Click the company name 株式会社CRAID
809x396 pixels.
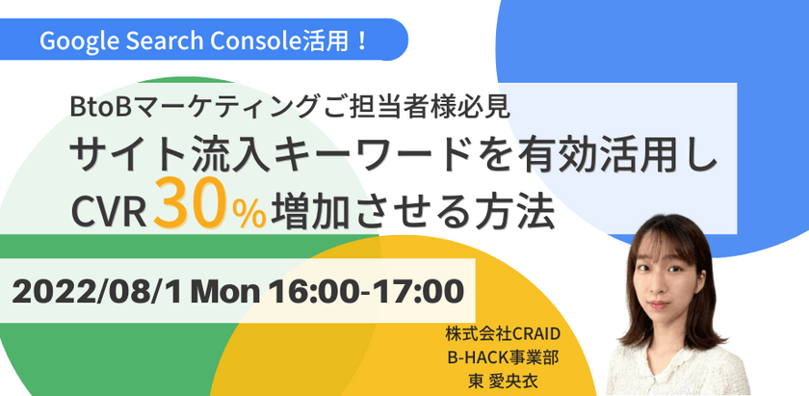coord(504,334)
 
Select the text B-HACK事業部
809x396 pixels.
coord(504,356)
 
